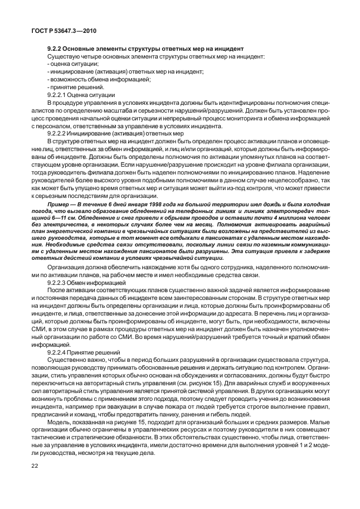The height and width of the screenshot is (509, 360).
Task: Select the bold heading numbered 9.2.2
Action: click(x=146, y=50)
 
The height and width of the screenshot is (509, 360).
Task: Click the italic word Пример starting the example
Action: click(x=59, y=205)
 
